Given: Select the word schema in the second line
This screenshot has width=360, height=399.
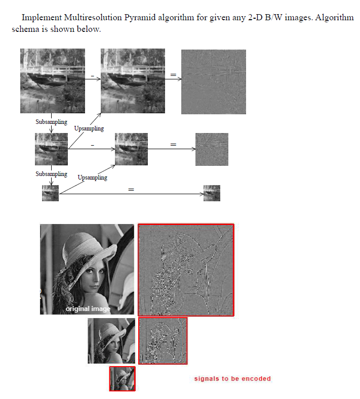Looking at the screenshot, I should [x=25, y=29].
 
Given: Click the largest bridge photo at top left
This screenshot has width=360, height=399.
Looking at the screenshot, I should [x=53, y=81].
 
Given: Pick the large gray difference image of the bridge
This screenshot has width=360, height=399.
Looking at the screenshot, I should [x=213, y=81].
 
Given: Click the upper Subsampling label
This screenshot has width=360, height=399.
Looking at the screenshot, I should [x=51, y=122].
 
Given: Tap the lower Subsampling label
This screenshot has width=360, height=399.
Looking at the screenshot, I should [x=51, y=174].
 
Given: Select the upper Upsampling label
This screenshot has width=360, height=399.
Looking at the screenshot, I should [x=89, y=128].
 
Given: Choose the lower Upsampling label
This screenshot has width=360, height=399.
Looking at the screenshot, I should [x=93, y=178].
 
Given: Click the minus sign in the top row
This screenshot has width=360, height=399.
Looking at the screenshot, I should [x=92, y=76].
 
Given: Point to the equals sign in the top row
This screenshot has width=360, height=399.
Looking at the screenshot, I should [x=173, y=75].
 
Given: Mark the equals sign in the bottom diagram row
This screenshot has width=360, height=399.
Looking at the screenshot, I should [x=131, y=189].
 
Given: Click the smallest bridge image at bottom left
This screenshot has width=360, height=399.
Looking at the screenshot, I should [x=50, y=193].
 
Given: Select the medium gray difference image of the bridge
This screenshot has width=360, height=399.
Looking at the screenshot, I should [x=212, y=149].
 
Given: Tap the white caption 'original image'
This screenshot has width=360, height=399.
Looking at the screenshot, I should [x=88, y=308].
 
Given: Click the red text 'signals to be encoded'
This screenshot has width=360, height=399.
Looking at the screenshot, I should [x=232, y=379].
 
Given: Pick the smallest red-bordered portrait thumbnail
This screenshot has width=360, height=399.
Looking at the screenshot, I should [x=123, y=379].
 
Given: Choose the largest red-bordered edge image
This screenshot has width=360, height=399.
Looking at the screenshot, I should [x=186, y=270].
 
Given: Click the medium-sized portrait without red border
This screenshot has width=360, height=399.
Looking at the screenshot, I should [x=111, y=341].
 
